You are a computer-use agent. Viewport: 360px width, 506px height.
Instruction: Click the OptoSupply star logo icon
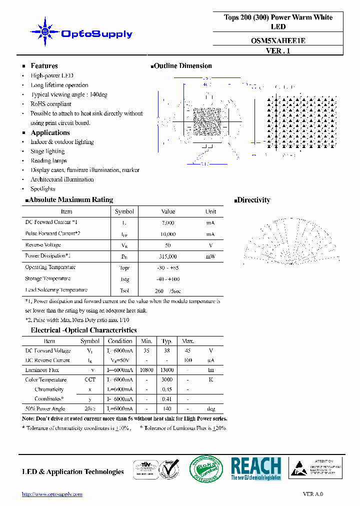(x=44, y=33)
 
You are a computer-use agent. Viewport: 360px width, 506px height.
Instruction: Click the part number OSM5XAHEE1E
(x=278, y=41)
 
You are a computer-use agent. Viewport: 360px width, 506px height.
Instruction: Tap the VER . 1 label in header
(x=278, y=50)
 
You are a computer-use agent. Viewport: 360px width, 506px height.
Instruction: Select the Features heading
(x=44, y=66)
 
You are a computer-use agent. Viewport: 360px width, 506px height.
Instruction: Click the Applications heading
(x=50, y=132)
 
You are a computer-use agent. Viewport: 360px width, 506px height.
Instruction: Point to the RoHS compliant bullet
(x=51, y=104)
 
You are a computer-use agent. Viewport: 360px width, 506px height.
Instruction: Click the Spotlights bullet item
(x=43, y=189)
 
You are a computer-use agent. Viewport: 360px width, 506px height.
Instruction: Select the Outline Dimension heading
(x=182, y=66)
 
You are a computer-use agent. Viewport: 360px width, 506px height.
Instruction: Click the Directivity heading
(x=253, y=200)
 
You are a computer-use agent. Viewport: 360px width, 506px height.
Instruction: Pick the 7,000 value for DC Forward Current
(x=168, y=222)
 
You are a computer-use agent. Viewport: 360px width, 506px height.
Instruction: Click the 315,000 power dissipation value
(x=168, y=256)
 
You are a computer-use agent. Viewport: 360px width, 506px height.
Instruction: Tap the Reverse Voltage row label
(x=43, y=245)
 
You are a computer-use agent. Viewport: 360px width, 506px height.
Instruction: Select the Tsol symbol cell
(x=124, y=290)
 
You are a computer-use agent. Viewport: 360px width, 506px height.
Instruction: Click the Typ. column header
(x=167, y=341)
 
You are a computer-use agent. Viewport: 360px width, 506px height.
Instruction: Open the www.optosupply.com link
(x=52, y=494)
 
